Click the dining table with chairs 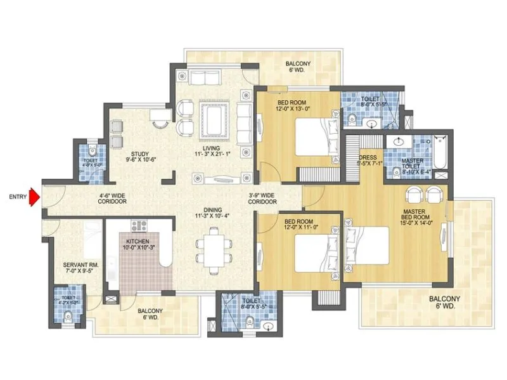[x=209, y=249]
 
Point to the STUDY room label [x=140, y=154]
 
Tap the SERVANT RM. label [x=79, y=265]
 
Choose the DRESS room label [x=368, y=157]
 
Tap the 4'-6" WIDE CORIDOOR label [x=113, y=198]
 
